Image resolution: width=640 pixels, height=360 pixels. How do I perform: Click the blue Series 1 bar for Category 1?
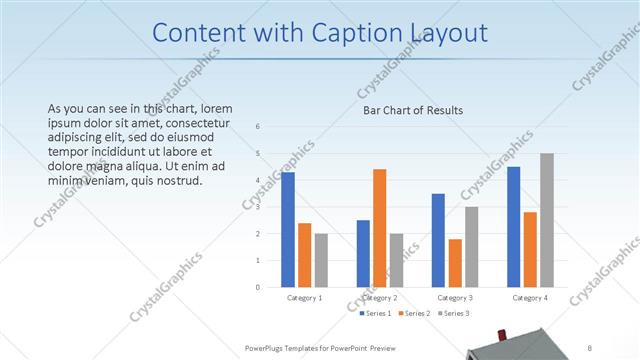click(288, 229)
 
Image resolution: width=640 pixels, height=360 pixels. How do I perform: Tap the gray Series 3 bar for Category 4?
click(547, 220)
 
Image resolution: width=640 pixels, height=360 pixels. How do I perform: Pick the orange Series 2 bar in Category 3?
click(455, 263)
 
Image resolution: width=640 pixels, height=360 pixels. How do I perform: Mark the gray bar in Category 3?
click(471, 247)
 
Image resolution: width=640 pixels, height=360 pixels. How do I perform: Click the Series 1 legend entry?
click(378, 313)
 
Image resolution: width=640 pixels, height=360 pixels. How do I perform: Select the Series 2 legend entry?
click(414, 313)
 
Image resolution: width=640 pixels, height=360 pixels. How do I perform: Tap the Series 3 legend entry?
click(451, 313)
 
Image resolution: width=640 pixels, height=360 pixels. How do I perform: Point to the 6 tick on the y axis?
click(258, 127)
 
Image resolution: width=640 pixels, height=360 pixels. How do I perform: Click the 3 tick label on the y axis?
click(258, 207)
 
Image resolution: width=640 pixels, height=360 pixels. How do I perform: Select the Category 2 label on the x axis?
click(380, 298)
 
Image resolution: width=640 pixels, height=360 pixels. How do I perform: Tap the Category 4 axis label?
click(530, 298)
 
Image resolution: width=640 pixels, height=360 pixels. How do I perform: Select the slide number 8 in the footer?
click(590, 347)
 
